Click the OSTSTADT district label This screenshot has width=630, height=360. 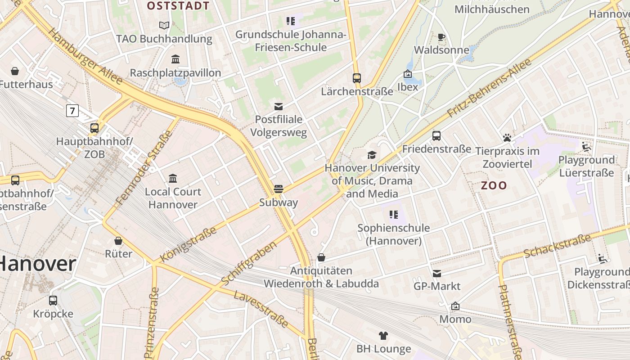[x=178, y=6]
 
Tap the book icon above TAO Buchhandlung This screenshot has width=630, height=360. [x=164, y=25]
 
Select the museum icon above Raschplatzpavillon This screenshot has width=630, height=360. [x=175, y=59]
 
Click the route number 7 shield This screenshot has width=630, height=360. [x=72, y=110]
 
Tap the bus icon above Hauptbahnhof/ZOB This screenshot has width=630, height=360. [x=94, y=128]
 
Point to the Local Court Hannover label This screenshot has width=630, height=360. [x=173, y=198]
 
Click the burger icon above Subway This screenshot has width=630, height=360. [x=279, y=189]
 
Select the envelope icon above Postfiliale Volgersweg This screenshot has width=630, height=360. [x=279, y=106]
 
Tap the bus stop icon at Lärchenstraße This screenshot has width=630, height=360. [x=357, y=78]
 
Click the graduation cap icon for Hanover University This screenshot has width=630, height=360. [x=372, y=155]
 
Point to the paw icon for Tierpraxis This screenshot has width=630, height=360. [x=507, y=138]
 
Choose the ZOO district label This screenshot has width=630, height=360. [x=494, y=185]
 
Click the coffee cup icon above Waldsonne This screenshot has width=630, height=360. [x=441, y=37]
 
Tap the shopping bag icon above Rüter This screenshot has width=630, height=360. [x=118, y=241]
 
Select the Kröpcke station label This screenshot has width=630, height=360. [x=53, y=314]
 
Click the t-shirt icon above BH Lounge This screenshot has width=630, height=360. [x=383, y=335]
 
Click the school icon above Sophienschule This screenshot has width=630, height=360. [x=394, y=215]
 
